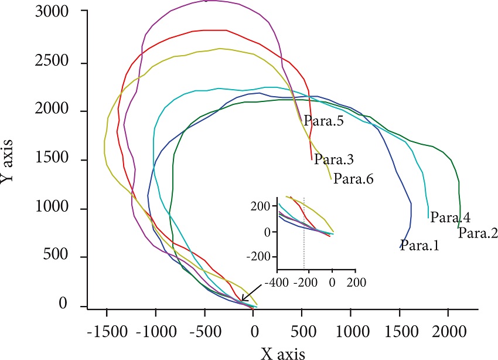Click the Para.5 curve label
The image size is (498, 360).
click(323, 123)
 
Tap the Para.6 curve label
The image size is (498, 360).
click(353, 179)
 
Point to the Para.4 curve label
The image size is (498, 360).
click(450, 218)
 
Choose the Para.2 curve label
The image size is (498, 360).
click(477, 233)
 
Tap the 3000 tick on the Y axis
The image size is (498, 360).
click(56, 12)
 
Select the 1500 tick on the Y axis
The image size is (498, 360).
click(56, 160)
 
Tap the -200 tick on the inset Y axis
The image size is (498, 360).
click(261, 256)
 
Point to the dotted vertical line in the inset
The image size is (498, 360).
click(304, 235)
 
